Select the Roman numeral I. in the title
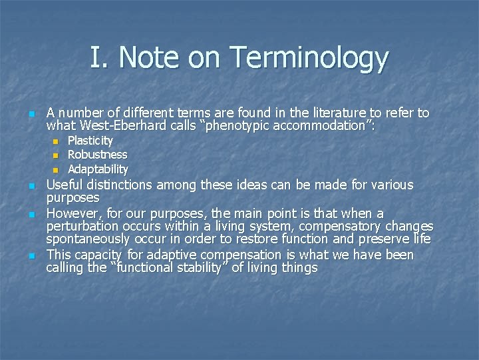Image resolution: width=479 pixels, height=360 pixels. point(98,58)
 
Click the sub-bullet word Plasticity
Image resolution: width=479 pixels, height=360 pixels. point(90,141)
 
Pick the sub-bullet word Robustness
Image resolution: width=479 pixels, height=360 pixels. point(98,155)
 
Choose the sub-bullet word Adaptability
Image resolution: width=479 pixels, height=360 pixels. point(98,169)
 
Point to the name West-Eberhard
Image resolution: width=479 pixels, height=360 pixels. point(138,125)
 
